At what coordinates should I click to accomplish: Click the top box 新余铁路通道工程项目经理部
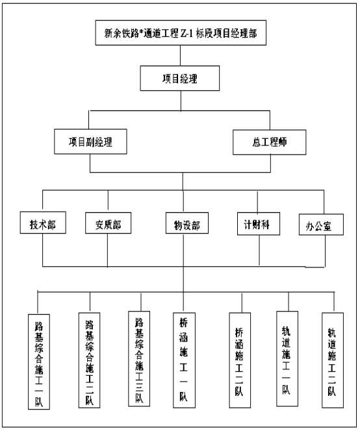pos(181,32)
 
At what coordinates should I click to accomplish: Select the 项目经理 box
pos(180,79)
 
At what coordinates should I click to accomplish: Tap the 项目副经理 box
pos(90,142)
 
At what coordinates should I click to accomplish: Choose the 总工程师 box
pos(270,142)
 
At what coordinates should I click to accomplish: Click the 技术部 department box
pos(43,223)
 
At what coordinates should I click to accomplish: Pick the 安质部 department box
pos(108,223)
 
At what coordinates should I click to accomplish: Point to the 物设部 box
pos(187,223)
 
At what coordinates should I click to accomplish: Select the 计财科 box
pos(259,224)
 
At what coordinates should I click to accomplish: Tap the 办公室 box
pos(321,225)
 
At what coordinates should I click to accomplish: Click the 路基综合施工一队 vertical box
pos(39,362)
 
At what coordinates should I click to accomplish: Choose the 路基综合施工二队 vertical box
pos(90,360)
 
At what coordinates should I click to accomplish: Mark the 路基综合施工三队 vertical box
pos(139,359)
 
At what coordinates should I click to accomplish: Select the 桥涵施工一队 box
pos(184,360)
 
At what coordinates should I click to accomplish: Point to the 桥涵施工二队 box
pos(240,360)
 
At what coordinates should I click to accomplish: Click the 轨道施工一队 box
pos(287,359)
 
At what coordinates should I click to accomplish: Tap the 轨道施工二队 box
pos(333,360)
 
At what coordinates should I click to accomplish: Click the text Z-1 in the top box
pos(187,33)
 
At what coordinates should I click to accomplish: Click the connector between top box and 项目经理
pos(180,56)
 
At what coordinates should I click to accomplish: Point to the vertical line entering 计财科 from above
pos(257,202)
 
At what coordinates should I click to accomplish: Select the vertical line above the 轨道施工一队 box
pos(289,302)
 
